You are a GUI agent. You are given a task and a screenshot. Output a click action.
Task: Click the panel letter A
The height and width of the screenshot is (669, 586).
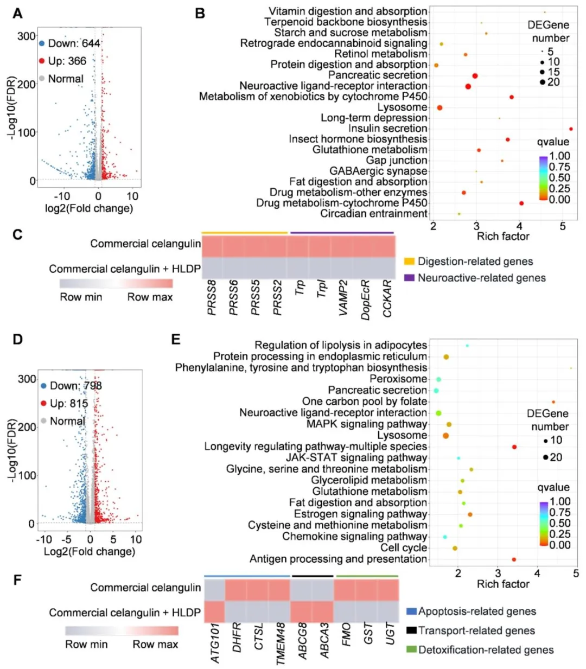17,13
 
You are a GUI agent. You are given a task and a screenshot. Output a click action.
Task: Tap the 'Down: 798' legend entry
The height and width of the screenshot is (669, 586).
71,386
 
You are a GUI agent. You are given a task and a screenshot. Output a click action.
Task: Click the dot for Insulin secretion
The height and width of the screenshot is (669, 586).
571,129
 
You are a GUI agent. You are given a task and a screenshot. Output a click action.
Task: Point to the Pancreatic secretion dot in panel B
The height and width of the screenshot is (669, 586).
475,76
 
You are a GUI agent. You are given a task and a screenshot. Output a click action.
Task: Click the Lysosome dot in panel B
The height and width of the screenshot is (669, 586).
439,108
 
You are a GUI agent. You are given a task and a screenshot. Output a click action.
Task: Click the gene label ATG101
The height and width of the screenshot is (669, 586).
215,643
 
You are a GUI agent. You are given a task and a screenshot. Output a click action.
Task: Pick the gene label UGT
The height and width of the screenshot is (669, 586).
390,634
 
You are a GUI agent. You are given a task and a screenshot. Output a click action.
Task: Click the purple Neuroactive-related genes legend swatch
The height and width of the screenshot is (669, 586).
409,278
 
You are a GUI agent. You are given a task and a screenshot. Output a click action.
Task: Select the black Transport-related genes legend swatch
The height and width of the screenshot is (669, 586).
411,630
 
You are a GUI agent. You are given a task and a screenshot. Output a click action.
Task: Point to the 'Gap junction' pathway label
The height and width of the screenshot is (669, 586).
396,161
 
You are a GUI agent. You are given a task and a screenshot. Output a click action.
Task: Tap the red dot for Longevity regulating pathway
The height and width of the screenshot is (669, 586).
514,447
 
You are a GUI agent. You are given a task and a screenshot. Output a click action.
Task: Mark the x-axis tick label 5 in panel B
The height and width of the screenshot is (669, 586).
563,226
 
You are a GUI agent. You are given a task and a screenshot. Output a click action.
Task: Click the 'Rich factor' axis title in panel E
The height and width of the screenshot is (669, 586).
502,584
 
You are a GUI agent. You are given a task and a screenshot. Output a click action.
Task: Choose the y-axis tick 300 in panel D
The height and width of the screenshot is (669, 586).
27,379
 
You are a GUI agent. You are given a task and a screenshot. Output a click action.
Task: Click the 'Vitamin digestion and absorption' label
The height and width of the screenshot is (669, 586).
347,11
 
